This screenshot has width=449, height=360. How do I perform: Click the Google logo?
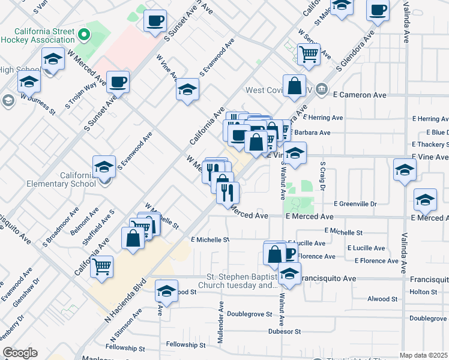20,353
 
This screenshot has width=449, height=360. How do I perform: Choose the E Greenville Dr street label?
355,204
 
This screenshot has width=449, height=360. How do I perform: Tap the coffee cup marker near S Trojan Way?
118,82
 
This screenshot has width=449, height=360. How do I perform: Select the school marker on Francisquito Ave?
289,275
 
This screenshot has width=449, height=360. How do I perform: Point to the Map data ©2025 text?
423,355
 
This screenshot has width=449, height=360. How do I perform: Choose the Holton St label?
424,292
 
